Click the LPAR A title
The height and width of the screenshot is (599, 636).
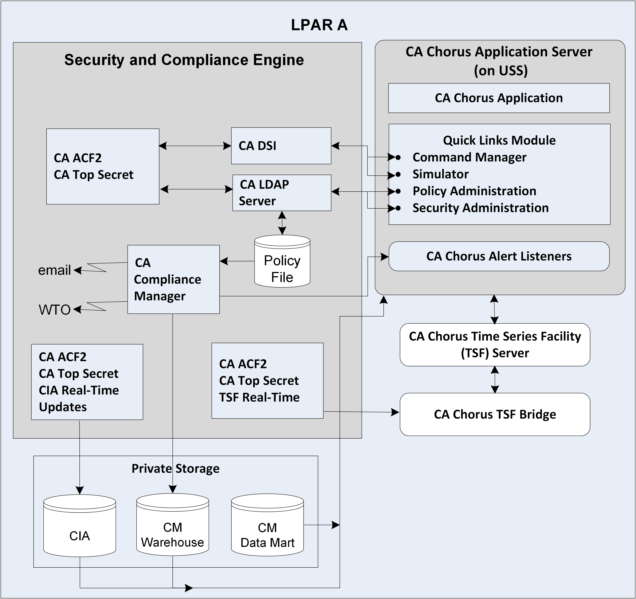coord(319,25)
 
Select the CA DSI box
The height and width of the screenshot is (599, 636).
coord(281,146)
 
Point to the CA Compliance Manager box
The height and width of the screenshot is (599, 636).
coord(173,279)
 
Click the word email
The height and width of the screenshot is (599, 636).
coord(54,270)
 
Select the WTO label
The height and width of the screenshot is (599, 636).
coord(54,310)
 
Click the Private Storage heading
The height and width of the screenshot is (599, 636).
coord(176,468)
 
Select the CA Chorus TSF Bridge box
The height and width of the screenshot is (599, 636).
coord(495,414)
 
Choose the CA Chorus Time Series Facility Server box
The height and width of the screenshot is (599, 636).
coord(495,345)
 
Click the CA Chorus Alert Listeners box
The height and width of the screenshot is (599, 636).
coord(499,256)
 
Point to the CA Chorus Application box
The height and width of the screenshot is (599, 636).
coord(499,98)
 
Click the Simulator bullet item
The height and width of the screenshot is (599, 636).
coord(441,174)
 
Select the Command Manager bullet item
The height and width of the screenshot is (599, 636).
coord(469,157)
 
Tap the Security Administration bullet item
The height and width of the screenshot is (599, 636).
coord(480,208)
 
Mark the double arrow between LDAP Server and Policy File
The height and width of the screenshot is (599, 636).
coord(282,223)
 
